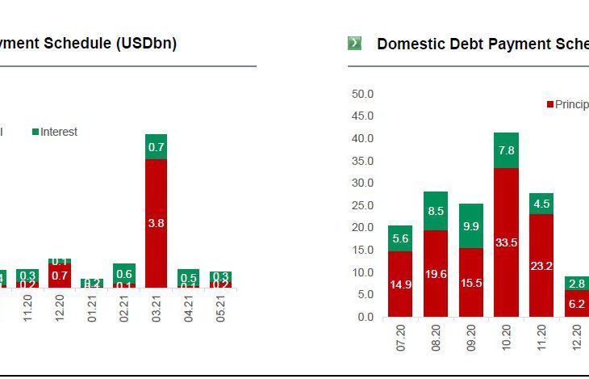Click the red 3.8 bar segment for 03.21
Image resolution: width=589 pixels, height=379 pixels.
(156, 223)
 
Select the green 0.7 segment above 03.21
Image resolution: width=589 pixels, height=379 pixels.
(156, 147)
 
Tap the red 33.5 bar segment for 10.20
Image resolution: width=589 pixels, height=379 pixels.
(506, 242)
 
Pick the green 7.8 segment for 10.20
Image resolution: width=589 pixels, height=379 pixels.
(506, 150)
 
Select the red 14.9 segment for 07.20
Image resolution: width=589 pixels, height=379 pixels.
(399, 284)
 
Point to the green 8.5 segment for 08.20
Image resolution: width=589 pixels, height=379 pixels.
(436, 211)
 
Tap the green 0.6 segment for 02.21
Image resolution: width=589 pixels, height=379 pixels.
(123, 272)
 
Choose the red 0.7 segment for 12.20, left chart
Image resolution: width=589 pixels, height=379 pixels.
(60, 276)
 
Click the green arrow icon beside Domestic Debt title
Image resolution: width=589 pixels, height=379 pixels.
(354, 43)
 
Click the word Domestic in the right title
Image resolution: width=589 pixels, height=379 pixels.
(408, 44)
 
